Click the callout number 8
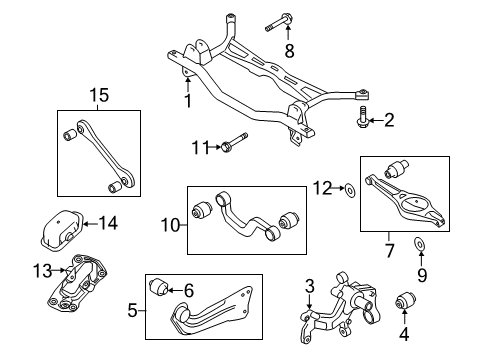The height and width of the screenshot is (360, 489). pos(289,51)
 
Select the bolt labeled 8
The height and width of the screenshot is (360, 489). pos(279,22)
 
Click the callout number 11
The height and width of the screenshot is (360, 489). pos(201,148)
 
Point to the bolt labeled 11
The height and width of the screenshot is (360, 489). pos(234,142)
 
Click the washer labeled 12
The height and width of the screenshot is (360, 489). pos(350,189)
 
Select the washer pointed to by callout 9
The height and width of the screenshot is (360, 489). pos(419,244)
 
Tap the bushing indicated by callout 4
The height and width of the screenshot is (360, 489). pos(405,300)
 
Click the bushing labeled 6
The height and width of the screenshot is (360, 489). pos(159,287)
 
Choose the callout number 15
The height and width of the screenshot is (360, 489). pos(99,95)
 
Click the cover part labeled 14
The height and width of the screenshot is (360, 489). pos(62,229)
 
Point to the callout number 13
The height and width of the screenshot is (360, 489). pos(42,271)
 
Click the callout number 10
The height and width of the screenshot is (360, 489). pos(170,225)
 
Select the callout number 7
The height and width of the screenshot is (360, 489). pos(389,251)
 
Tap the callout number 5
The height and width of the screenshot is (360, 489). pos(132,311)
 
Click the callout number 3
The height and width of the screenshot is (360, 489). pos(310,286)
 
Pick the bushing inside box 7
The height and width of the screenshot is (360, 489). pos(396,168)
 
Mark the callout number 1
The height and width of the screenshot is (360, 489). pos(188,101)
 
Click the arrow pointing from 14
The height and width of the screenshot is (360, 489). pos(90,224)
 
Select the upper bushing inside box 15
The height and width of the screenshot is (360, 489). pos(70,134)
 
